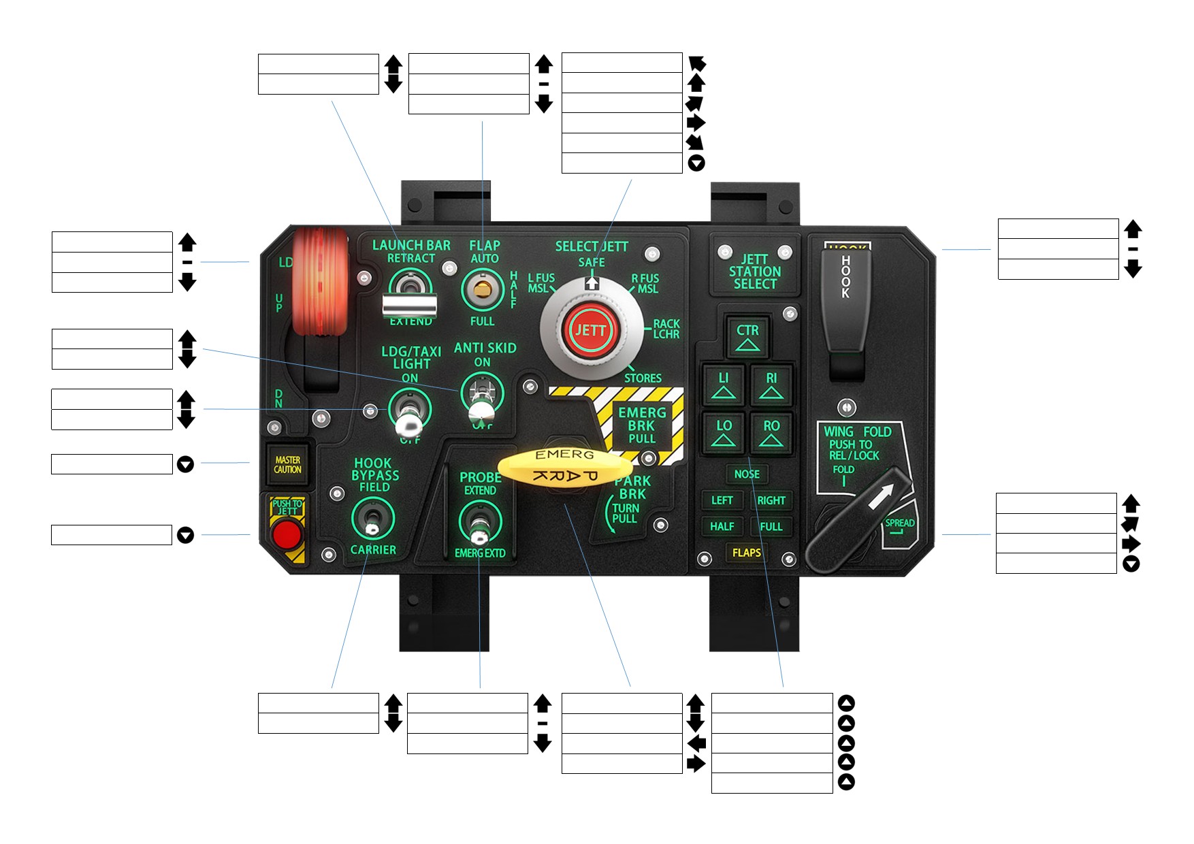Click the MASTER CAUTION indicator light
point(287,465)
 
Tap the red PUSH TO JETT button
point(287,534)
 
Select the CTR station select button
point(747,336)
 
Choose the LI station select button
point(724,385)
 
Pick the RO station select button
point(771,432)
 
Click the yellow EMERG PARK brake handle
point(565,466)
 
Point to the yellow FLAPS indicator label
point(746,553)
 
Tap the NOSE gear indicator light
point(747,474)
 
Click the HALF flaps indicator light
point(722,526)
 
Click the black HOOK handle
point(845,299)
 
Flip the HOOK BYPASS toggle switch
point(372,521)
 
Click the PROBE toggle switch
point(480,523)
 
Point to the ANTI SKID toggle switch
point(481,402)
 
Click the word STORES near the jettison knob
point(643,378)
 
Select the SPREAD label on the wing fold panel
point(899,523)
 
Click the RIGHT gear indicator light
point(771,500)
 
